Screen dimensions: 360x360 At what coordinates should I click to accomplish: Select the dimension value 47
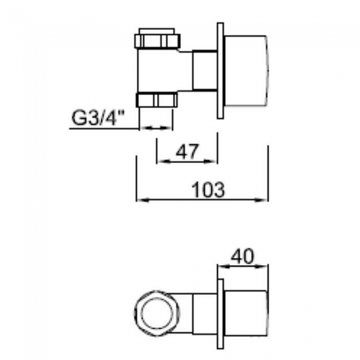pyautogui.click(x=187, y=151)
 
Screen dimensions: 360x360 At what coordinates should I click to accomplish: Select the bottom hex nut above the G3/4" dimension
pyautogui.click(x=157, y=100)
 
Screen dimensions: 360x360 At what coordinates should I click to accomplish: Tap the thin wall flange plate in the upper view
pyautogui.click(x=220, y=70)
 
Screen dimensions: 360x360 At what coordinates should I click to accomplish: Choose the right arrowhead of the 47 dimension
pyautogui.click(x=214, y=162)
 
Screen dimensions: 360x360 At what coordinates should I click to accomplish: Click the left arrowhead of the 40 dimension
pyautogui.click(x=220, y=267)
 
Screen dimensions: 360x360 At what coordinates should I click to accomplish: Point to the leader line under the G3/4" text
pyautogui.click(x=102, y=128)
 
